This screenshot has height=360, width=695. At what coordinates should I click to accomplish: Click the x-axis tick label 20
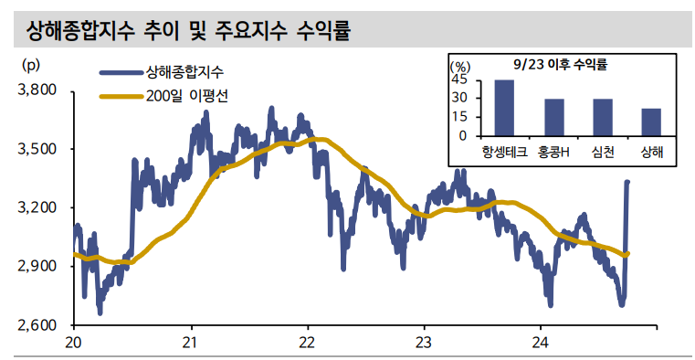click(74, 343)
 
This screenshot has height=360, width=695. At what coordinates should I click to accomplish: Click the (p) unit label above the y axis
click(30, 65)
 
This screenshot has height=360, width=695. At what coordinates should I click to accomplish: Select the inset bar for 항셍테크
click(504, 108)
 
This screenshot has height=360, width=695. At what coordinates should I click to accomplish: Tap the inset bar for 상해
click(651, 122)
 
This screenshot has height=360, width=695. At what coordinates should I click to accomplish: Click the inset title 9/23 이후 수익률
click(561, 65)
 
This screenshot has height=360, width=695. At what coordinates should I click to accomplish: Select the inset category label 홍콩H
click(553, 152)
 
